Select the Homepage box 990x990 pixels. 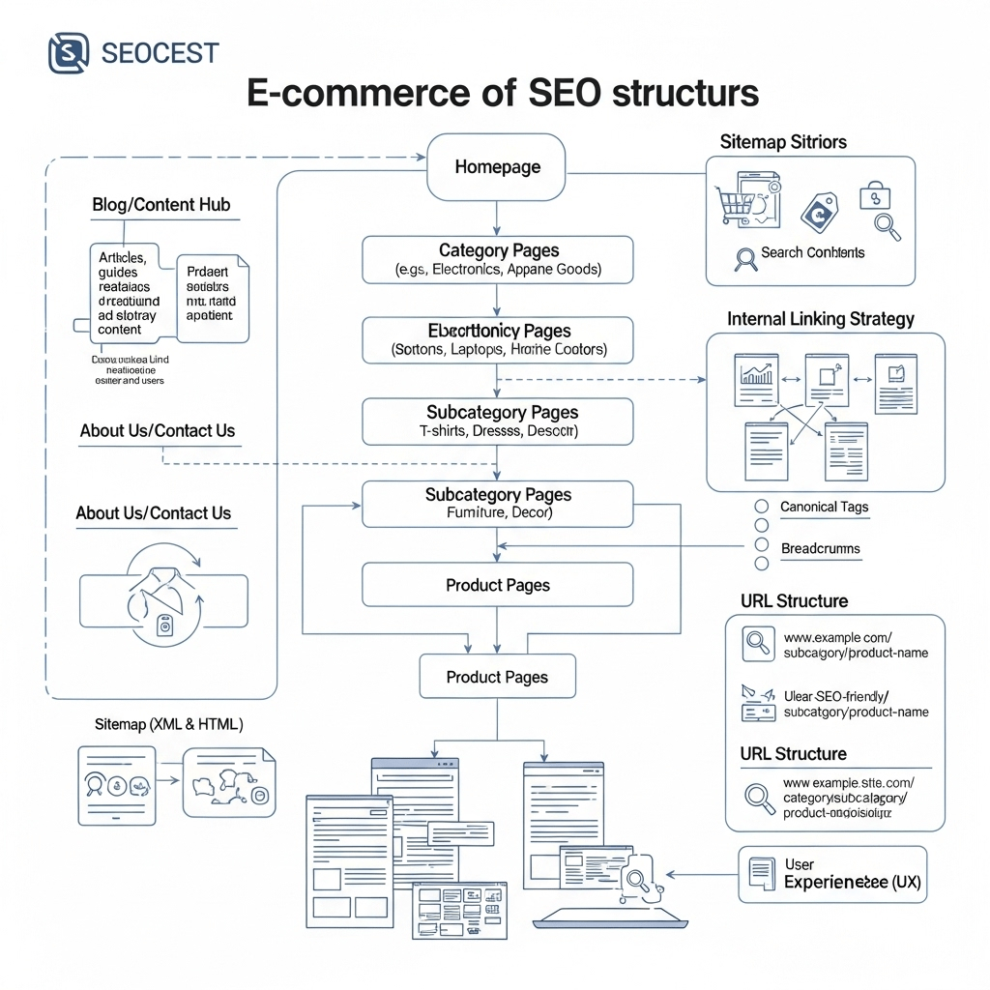(x=497, y=167)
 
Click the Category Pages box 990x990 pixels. (x=497, y=259)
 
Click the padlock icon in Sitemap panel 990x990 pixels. (x=874, y=196)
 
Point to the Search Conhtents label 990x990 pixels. (x=812, y=252)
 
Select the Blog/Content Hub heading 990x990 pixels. (x=161, y=205)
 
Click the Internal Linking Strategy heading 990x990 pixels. (x=821, y=318)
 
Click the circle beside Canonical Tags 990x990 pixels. (x=761, y=507)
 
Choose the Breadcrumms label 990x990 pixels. (x=820, y=548)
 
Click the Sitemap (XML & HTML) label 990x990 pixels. (x=168, y=723)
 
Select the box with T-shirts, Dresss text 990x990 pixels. (x=497, y=422)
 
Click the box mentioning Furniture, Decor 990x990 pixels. (x=497, y=504)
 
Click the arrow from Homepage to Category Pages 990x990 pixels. (x=496, y=217)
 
